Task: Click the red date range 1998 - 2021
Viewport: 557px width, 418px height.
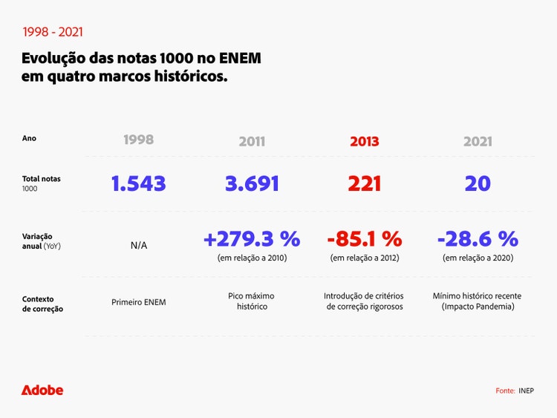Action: point(52,32)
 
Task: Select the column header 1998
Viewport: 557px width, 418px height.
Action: point(138,140)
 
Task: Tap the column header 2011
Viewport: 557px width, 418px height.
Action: point(252,141)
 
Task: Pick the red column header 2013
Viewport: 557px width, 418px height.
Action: point(365,141)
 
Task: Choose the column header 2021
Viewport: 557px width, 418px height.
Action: point(478,141)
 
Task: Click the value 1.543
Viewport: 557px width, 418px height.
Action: point(139,183)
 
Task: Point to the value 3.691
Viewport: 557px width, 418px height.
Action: point(252,183)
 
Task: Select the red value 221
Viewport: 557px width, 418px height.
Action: point(365,183)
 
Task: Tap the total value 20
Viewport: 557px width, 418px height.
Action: point(478,183)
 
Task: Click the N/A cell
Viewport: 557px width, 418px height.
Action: point(139,246)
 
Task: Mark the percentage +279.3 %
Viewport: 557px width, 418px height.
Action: point(252,238)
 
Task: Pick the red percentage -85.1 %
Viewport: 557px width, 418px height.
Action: point(365,238)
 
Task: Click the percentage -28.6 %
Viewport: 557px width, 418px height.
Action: point(478,238)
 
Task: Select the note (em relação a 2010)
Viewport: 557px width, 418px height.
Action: point(252,258)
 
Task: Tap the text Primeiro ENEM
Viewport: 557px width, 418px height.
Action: point(139,302)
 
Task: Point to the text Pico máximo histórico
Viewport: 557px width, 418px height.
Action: point(252,301)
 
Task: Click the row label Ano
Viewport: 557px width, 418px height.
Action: point(29,138)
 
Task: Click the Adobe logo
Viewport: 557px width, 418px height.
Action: point(42,390)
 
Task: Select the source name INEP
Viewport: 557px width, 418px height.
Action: point(526,391)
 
